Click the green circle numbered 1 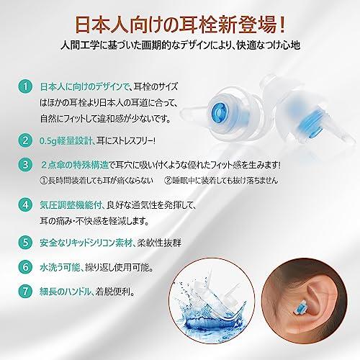pyautogui.click(x=25, y=86)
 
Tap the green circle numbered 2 pyautogui.click(x=25, y=140)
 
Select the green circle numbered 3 pyautogui.click(x=25, y=165)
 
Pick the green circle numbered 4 pyautogui.click(x=25, y=204)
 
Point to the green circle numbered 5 pyautogui.click(x=25, y=242)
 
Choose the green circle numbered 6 pyautogui.click(x=25, y=267)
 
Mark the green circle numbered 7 pyautogui.click(x=25, y=292)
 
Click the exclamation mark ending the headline pyautogui.click(x=282, y=24)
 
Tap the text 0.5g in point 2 pyautogui.click(x=48, y=141)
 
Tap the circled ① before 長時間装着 pyautogui.click(x=44, y=180)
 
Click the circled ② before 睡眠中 pyautogui.click(x=168, y=180)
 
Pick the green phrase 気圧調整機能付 pyautogui.click(x=71, y=205)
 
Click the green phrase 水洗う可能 pyautogui.click(x=60, y=267)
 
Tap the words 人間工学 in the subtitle pyautogui.click(x=79, y=45)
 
